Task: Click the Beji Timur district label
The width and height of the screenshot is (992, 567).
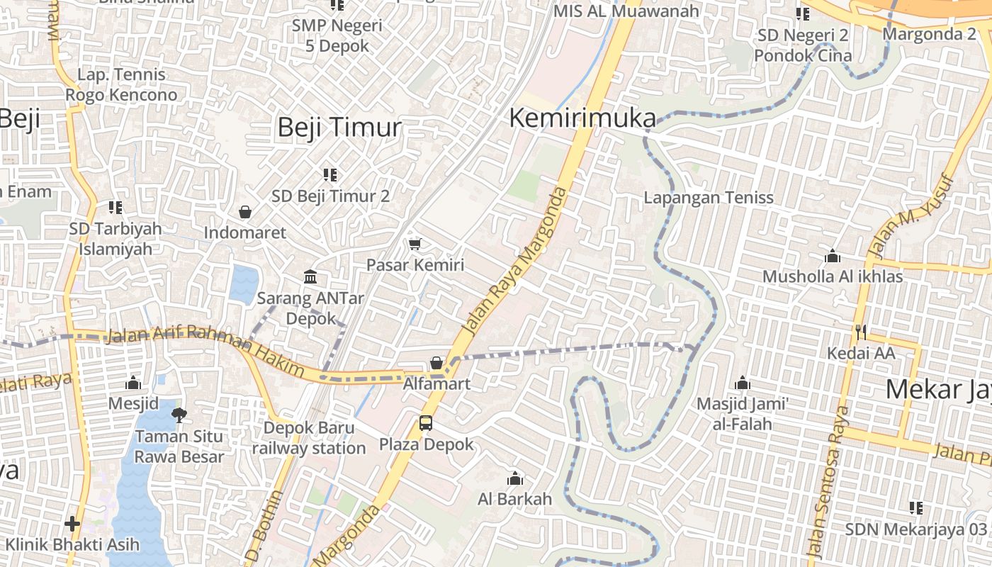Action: pyautogui.click(x=339, y=128)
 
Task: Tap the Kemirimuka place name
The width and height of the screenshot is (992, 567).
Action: pyautogui.click(x=582, y=118)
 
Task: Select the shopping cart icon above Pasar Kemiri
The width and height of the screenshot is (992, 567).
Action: pyautogui.click(x=415, y=245)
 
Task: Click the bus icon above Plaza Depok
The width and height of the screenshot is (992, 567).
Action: pyautogui.click(x=426, y=423)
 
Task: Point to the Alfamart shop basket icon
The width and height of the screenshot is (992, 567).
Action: pyautogui.click(x=436, y=364)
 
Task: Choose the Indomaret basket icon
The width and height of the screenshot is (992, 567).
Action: pyautogui.click(x=245, y=212)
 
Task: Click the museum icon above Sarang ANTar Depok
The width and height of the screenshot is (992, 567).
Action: pyautogui.click(x=310, y=277)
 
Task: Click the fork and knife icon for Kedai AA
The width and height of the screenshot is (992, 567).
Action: pyautogui.click(x=861, y=331)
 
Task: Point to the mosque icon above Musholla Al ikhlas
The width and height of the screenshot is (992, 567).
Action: pyautogui.click(x=833, y=255)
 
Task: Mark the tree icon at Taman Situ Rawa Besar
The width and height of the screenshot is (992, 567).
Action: pyautogui.click(x=179, y=415)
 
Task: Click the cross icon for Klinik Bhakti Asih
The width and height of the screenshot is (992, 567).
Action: pyautogui.click(x=72, y=524)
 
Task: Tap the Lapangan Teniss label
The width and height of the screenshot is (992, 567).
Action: pyautogui.click(x=709, y=198)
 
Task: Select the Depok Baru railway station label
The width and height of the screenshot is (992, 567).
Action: pyautogui.click(x=309, y=438)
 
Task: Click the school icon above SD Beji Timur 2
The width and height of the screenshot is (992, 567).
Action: pyautogui.click(x=330, y=174)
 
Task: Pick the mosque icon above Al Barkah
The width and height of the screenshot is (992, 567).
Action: pyautogui.click(x=515, y=478)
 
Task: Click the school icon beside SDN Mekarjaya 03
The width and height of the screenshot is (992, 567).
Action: pyautogui.click(x=915, y=508)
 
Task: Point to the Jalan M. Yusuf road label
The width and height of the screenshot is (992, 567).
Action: pyautogui.click(x=912, y=216)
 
